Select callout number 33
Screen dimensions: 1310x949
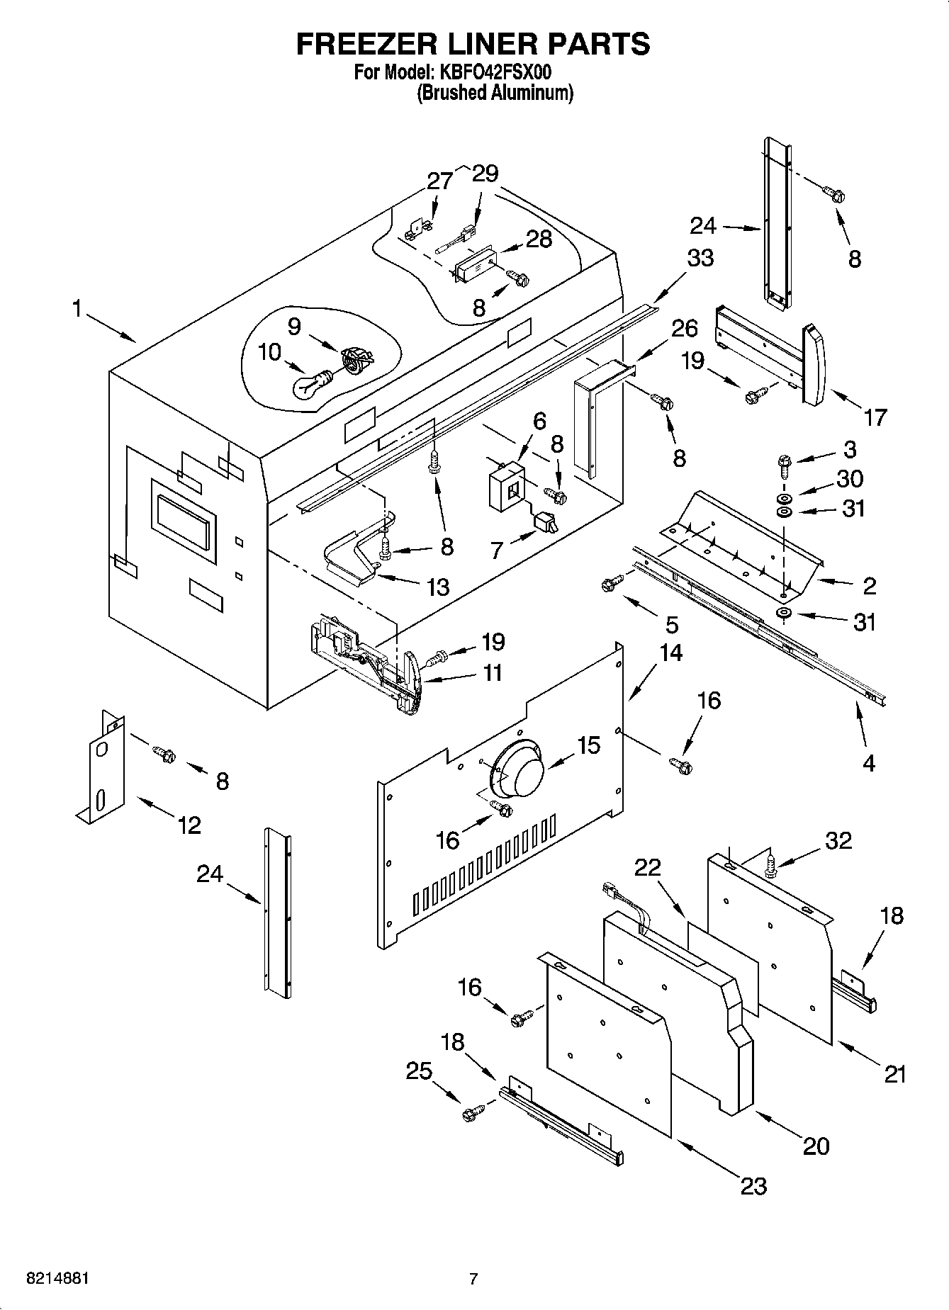pos(700,258)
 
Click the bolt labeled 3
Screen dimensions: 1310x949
pos(783,464)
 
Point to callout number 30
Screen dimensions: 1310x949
pos(849,479)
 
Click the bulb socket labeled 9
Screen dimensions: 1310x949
pos(354,358)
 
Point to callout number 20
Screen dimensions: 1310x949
pos(816,1146)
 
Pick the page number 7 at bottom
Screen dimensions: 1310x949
pos(473,1279)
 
